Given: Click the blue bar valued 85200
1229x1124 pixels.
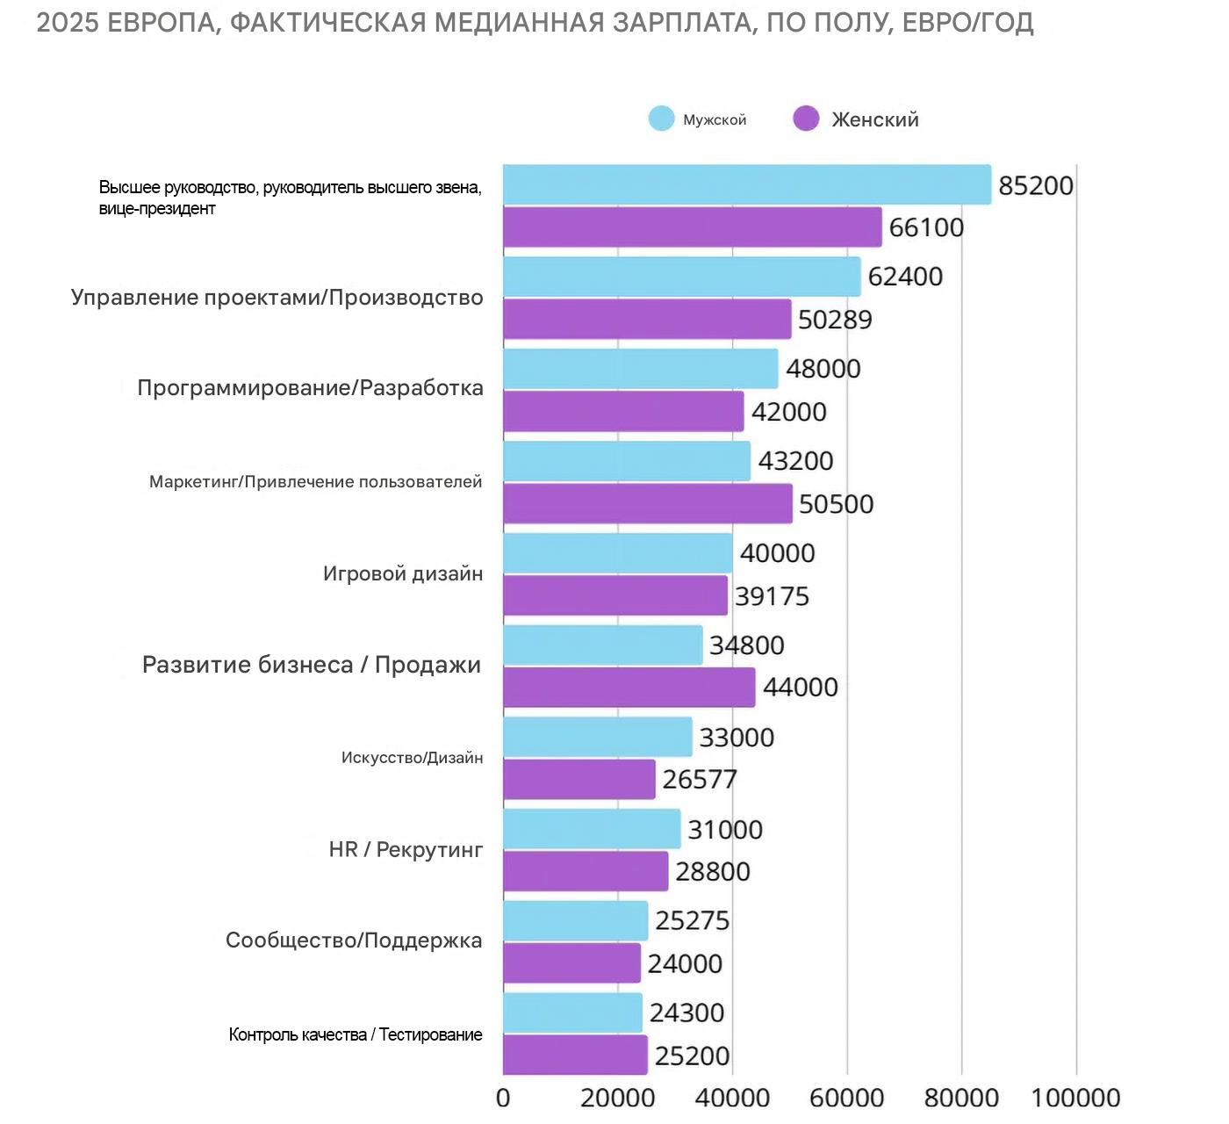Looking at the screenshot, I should [x=746, y=184].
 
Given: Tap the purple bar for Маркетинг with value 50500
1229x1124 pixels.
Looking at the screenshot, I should [x=647, y=504].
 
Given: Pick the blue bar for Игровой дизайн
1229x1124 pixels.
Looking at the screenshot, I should [x=617, y=553].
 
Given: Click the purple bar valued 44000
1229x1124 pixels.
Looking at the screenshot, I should [x=629, y=687].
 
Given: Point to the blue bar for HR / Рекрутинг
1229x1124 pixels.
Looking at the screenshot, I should [x=592, y=829].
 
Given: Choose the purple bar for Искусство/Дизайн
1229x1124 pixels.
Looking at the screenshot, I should [x=579, y=780].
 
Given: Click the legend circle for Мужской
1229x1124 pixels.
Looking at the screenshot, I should [x=661, y=119].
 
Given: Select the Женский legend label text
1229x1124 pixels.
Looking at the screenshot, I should [x=874, y=119].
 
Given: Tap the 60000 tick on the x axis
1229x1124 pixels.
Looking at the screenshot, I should [x=846, y=1098].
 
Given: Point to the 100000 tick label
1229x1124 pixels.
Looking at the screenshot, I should [x=1075, y=1098].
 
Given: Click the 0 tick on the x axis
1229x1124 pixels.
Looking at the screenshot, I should [x=503, y=1098].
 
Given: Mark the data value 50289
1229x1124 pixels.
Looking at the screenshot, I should [x=835, y=320].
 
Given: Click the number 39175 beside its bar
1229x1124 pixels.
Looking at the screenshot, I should [x=772, y=597].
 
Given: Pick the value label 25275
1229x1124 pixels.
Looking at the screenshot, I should [x=692, y=920].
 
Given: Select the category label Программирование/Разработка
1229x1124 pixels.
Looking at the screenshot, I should [x=310, y=388].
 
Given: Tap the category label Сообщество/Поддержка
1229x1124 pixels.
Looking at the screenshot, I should [x=354, y=940].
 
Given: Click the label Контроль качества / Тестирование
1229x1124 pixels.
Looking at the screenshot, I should [x=356, y=1034].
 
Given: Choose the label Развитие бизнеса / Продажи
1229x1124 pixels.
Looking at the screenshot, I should [x=312, y=665].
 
